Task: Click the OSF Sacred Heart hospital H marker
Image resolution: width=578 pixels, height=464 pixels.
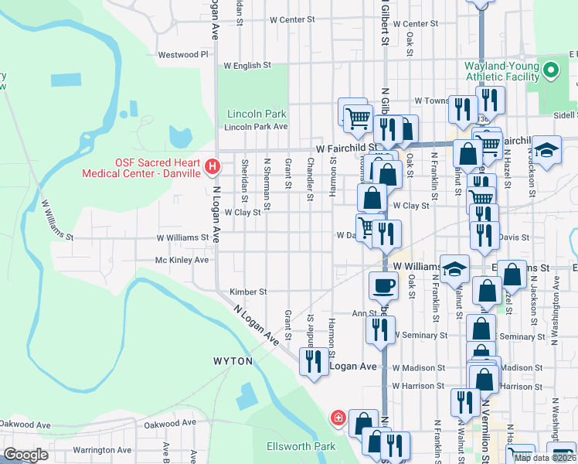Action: click(x=211, y=165)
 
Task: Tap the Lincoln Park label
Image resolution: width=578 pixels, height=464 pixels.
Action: click(x=251, y=114)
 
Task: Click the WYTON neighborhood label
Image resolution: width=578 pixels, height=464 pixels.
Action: click(x=233, y=361)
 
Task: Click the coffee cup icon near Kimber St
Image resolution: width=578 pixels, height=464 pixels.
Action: click(x=382, y=287)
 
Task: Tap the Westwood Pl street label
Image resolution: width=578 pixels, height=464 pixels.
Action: click(x=183, y=55)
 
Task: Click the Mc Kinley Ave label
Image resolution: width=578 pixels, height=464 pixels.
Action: click(x=182, y=261)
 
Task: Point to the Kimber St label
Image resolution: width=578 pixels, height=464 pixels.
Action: click(x=248, y=292)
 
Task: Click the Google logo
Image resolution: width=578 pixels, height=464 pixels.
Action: click(x=25, y=455)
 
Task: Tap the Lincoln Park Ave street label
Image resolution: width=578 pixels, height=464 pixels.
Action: click(x=256, y=127)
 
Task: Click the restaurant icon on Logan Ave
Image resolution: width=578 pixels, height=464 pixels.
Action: click(x=313, y=362)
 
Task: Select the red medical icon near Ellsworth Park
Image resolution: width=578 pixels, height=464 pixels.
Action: click(x=338, y=418)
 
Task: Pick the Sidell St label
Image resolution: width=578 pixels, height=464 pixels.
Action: click(x=563, y=113)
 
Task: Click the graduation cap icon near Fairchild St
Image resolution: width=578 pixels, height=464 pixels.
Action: click(x=546, y=151)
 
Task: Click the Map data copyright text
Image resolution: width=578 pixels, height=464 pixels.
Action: click(x=544, y=458)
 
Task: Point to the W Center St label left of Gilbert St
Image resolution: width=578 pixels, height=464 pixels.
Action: click(x=292, y=19)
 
